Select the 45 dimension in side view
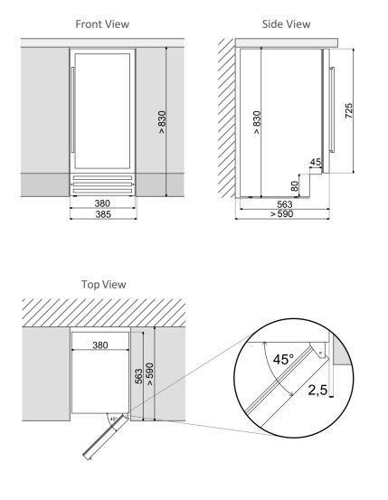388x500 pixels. tap(315, 163)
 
